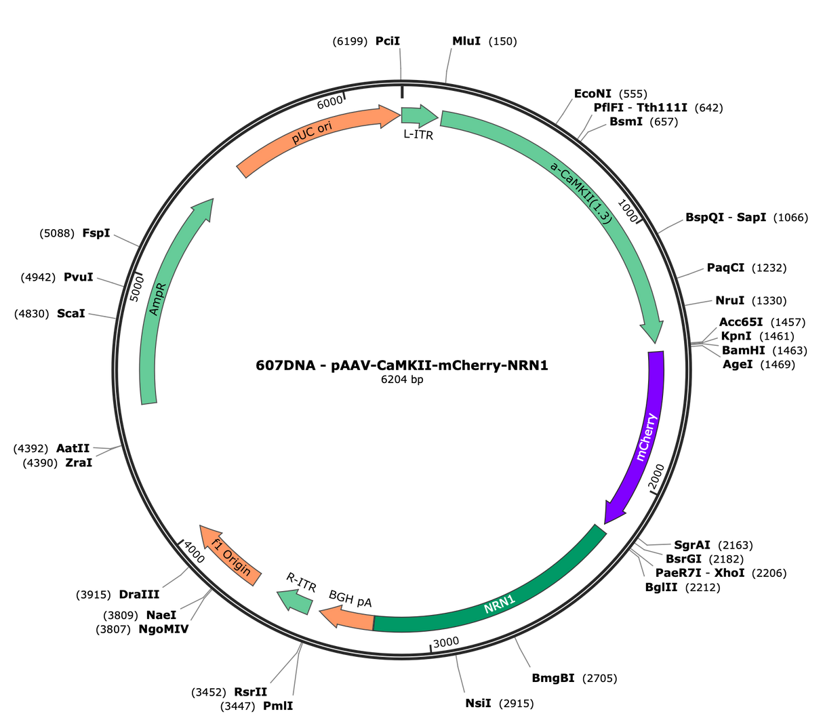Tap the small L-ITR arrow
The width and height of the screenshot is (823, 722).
click(x=419, y=116)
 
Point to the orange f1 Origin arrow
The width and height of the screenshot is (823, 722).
click(x=230, y=555)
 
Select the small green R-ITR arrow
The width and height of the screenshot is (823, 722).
click(x=294, y=601)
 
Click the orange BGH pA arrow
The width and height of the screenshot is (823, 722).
click(x=346, y=616)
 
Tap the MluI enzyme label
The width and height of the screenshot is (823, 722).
click(x=466, y=41)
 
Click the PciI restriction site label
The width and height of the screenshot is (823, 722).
click(x=388, y=41)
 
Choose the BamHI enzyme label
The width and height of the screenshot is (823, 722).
click(x=743, y=350)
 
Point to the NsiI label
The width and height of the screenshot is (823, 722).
click(x=478, y=703)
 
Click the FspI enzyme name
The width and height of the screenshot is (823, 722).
click(x=96, y=233)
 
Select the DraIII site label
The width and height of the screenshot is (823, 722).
click(x=139, y=595)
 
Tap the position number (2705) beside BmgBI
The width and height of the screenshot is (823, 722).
click(x=599, y=678)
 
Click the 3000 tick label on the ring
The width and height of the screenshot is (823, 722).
click(x=445, y=643)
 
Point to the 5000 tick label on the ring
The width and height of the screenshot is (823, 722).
click(x=137, y=289)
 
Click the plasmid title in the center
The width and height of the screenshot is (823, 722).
click(x=402, y=365)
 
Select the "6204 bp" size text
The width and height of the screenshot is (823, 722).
click(x=402, y=380)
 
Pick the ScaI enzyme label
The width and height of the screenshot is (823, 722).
click(x=71, y=314)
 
